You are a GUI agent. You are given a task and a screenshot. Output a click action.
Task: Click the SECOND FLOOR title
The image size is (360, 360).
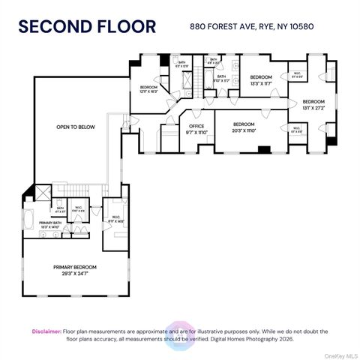[88, 28]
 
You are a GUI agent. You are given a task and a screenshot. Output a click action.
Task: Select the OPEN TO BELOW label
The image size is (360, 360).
[76, 127]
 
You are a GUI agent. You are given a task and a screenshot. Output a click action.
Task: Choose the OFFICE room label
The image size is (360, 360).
[196, 129]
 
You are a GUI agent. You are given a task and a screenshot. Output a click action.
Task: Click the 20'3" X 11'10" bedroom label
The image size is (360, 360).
[244, 127]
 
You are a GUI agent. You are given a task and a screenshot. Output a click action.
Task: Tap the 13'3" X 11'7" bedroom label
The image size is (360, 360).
[260, 81]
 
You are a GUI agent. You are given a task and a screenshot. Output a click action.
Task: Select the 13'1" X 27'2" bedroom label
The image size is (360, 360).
[313, 105]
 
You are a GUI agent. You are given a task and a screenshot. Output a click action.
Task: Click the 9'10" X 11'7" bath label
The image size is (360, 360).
[221, 79]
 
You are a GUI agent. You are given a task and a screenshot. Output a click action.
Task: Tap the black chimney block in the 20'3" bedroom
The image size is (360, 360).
[263, 148]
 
